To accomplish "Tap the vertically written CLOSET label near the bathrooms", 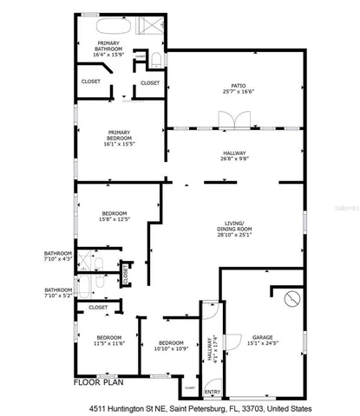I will coord(127,274).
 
